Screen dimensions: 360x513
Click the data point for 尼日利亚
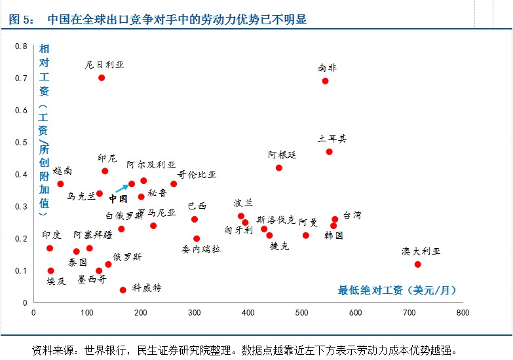click(102, 78)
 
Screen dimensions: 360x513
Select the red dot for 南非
click(325, 81)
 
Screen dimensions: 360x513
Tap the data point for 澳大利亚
click(417, 264)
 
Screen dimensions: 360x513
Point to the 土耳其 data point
click(329, 152)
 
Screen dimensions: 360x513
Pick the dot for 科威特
click(123, 290)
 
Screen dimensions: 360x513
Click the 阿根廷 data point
click(279, 168)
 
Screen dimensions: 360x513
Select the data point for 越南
click(60, 184)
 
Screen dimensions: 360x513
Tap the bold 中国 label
click(118, 199)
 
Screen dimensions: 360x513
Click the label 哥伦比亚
click(197, 175)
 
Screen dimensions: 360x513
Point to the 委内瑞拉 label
click(202, 249)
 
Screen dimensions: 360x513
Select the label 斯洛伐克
click(276, 219)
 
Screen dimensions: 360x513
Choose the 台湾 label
click(352, 215)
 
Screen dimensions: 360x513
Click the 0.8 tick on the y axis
click(22, 46)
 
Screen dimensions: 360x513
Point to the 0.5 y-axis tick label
click(22, 143)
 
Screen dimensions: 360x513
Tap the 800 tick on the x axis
click(463, 313)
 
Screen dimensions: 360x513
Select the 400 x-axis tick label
click(248, 313)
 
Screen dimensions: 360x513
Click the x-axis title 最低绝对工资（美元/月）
click(397, 290)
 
